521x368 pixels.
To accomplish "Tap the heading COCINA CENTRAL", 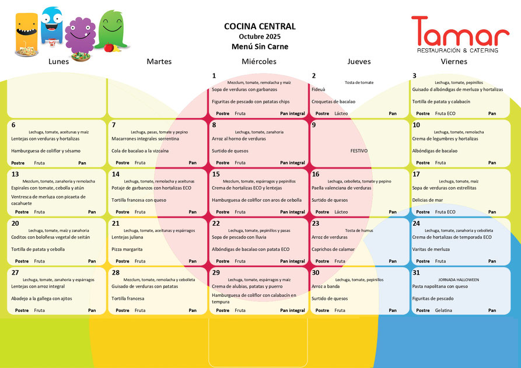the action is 260,26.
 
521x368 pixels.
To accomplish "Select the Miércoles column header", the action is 259,61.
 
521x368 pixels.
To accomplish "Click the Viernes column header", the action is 454,61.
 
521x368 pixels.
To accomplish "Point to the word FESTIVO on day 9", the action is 359,151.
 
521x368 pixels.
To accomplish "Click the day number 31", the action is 416,273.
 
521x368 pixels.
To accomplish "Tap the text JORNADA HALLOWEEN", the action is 459,280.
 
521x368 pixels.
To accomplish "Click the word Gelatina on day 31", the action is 443,310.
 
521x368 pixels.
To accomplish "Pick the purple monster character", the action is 80,36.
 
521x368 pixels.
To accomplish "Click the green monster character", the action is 111,29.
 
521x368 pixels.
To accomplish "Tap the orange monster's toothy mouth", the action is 26,31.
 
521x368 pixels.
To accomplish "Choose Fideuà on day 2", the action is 319,89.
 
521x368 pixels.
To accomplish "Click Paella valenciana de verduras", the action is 341,188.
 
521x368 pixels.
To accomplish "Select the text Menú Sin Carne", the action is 260,47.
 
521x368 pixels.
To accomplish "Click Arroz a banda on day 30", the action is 326,286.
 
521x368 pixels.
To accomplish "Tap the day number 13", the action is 15,174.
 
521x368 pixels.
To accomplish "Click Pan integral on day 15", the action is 292,212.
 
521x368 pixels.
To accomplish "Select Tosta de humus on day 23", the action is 359,230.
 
